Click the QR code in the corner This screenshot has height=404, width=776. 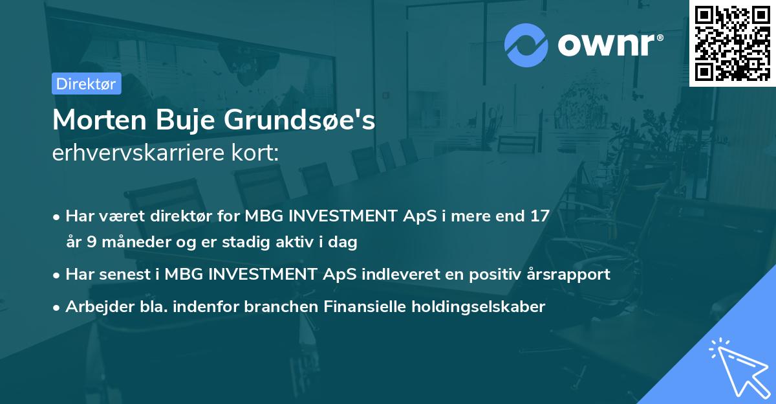click(732, 43)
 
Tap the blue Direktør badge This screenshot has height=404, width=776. click(86, 84)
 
